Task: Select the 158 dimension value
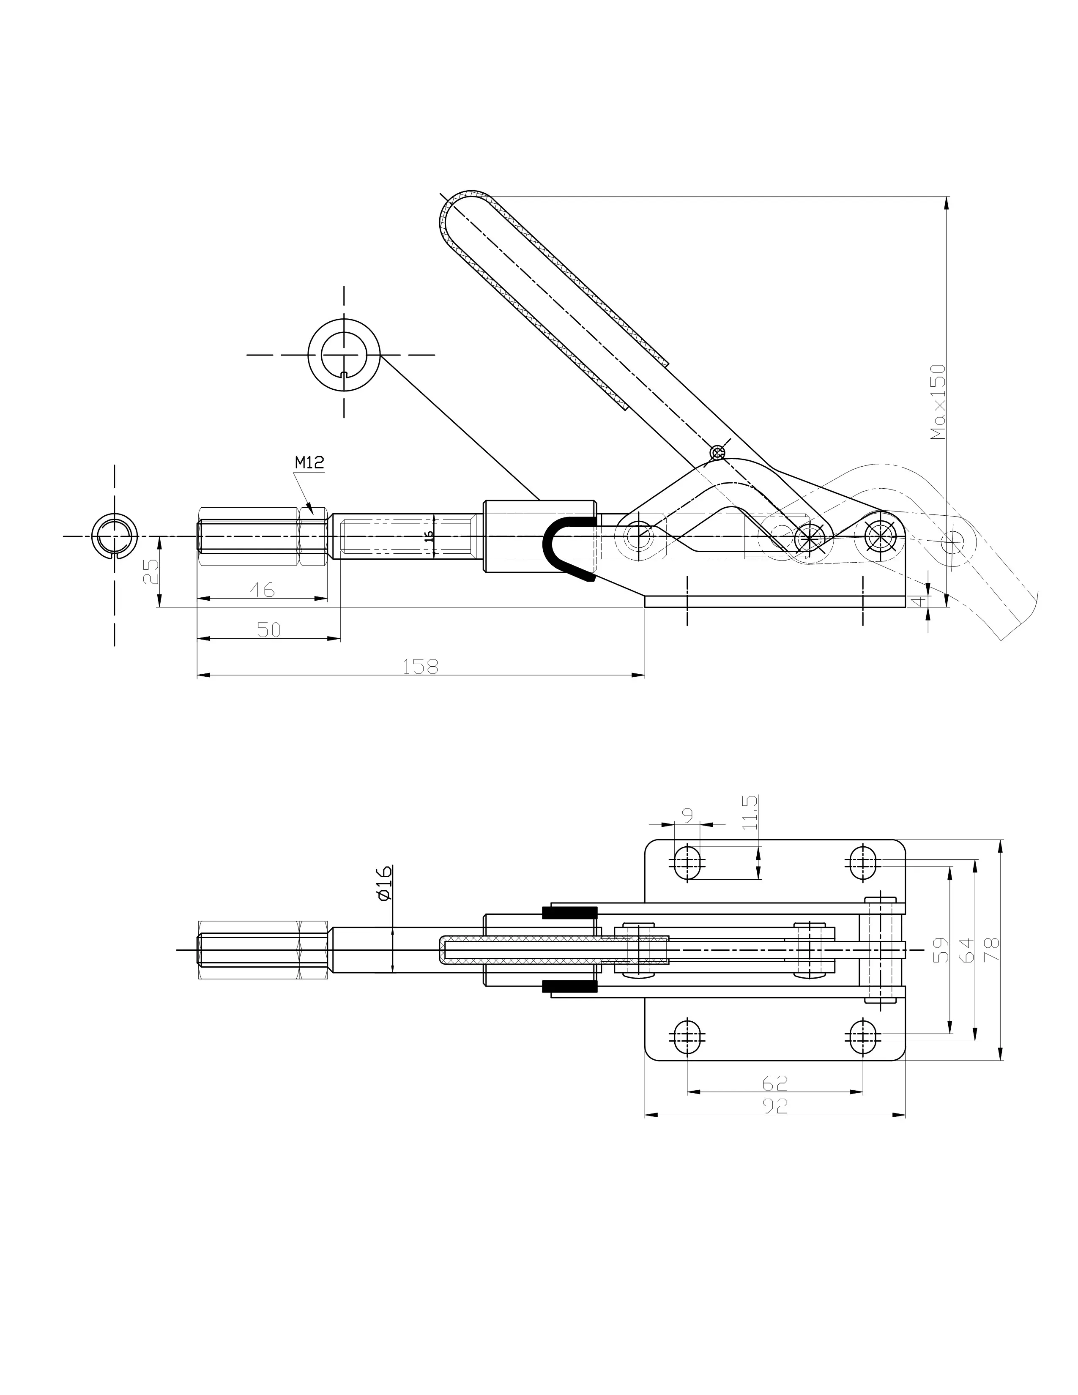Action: pos(421,666)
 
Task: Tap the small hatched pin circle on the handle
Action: pos(718,453)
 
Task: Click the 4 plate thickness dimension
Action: pos(919,601)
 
